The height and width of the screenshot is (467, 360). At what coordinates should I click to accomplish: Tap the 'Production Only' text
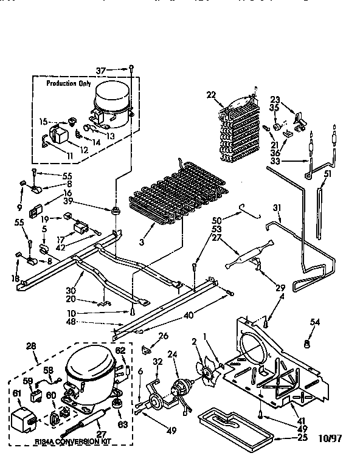70,83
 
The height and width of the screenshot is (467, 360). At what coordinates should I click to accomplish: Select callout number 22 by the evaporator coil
211,94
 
